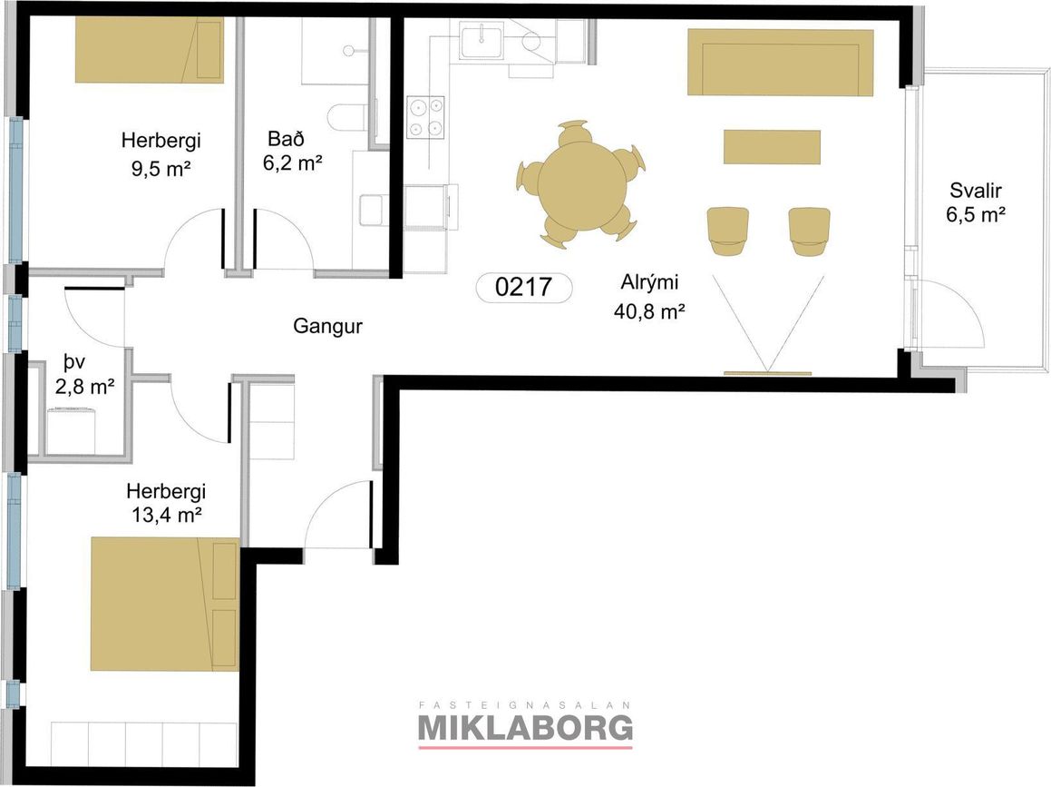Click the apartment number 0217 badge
tap(523, 287)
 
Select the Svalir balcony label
tap(975, 191)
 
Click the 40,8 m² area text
tap(649, 311)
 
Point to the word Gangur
tap(327, 327)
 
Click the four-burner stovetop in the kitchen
tap(425, 117)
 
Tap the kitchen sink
tap(482, 39)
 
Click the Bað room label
tap(286, 139)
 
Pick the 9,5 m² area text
tap(161, 169)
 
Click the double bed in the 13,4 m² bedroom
tap(165, 603)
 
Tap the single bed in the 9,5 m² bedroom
tap(149, 50)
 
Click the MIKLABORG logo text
tap(526, 727)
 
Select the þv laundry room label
tap(74, 363)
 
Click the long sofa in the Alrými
tap(781, 63)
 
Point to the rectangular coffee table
tap(773, 147)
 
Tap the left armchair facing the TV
tap(728, 231)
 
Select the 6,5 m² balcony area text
tap(975, 215)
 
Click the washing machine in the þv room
tap(71, 430)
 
